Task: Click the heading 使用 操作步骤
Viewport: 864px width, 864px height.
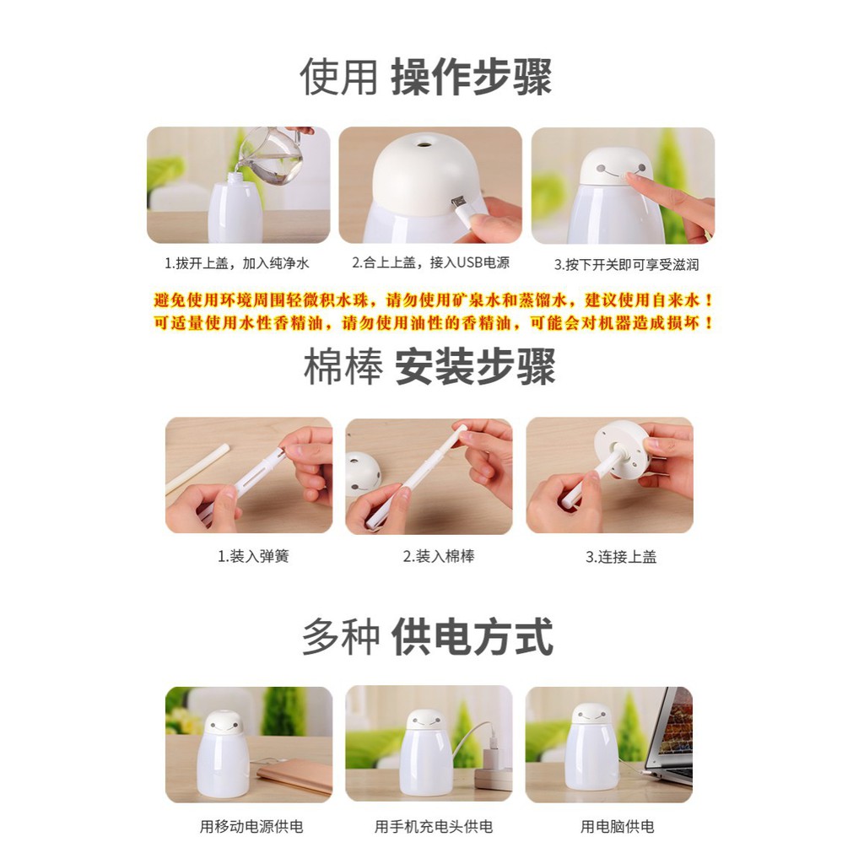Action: coord(425,78)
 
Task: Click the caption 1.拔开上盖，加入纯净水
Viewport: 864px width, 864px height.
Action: coord(237,263)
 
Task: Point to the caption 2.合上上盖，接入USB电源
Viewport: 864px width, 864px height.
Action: coord(430,263)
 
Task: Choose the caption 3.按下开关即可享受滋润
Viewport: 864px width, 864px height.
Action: coord(626,264)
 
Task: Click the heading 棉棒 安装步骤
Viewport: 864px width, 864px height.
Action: coord(429,369)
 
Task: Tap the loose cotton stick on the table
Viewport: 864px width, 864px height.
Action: coord(196,469)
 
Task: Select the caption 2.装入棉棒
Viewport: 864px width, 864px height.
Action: coord(438,557)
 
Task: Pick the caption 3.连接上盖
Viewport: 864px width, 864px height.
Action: coord(621,557)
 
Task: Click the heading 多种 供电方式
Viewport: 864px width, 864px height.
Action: coord(428,637)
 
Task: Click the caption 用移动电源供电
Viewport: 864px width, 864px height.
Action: coord(251,827)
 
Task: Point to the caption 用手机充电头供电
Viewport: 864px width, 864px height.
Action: coord(433,827)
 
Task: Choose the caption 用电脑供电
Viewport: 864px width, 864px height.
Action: coord(617,827)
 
